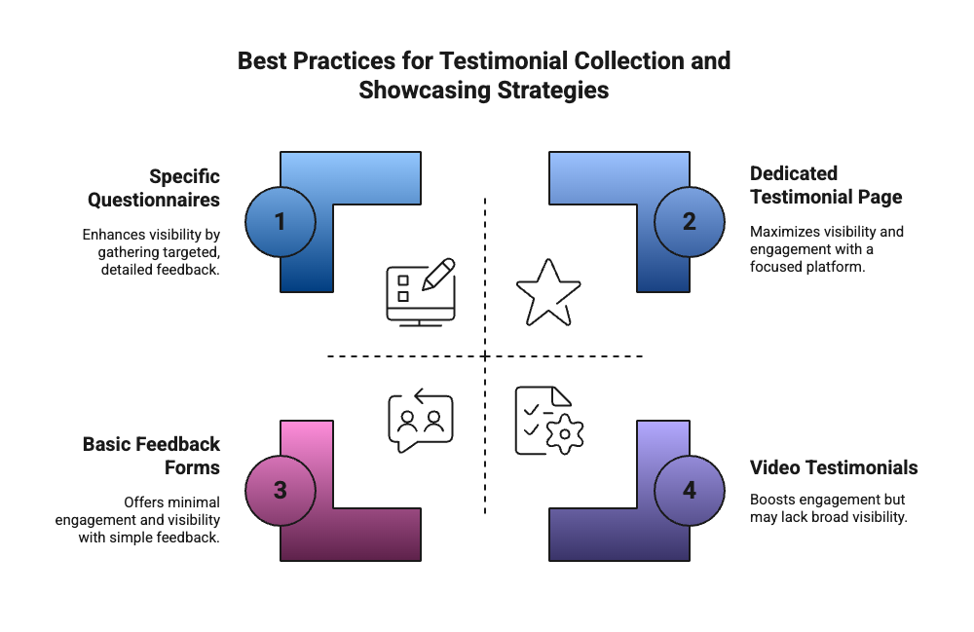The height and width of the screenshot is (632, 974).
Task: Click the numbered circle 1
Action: click(x=281, y=222)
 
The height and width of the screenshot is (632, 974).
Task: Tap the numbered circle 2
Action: click(x=690, y=222)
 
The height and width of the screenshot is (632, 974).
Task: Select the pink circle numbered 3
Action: click(x=281, y=490)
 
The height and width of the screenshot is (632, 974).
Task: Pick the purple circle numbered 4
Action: click(x=690, y=490)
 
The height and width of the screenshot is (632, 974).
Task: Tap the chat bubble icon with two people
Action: click(x=421, y=420)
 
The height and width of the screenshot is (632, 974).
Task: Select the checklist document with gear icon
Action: click(x=548, y=421)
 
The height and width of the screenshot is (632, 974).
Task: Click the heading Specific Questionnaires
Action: click(x=154, y=189)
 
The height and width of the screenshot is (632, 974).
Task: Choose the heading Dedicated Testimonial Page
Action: click(x=826, y=185)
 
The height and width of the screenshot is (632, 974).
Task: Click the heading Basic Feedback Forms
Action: click(x=151, y=456)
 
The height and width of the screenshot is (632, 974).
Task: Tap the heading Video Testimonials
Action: click(x=834, y=468)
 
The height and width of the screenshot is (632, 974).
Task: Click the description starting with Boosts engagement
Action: click(x=828, y=508)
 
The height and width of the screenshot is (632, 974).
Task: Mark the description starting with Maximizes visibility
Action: click(x=827, y=248)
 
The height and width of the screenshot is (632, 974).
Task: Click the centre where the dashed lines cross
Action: click(x=485, y=356)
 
